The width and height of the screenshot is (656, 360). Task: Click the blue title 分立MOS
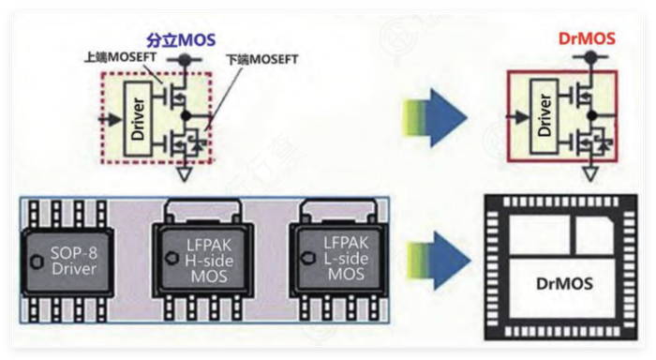point(181,40)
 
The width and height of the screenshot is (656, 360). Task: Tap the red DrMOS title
point(587,38)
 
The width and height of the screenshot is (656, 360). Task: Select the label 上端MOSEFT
point(121,57)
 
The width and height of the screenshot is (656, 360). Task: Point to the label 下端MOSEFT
point(262,59)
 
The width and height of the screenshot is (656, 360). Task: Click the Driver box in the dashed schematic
point(138,119)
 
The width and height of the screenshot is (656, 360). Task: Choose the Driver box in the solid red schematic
point(544,115)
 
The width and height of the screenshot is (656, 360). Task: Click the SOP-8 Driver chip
point(67,262)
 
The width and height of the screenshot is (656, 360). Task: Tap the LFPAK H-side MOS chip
point(203,260)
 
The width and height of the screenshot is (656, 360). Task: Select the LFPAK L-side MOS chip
point(339,259)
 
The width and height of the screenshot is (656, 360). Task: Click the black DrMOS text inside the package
point(564,284)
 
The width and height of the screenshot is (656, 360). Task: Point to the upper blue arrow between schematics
point(435,118)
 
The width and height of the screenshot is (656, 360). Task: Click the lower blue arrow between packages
point(439,261)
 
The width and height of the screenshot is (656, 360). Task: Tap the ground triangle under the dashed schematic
point(184,174)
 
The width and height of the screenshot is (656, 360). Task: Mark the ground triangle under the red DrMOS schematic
point(590,173)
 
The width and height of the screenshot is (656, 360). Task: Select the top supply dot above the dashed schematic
point(183,60)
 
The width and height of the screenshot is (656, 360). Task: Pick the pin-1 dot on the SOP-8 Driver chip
point(37,262)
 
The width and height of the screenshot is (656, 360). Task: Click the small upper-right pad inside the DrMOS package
point(594,234)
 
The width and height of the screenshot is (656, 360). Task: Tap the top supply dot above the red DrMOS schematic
point(590,55)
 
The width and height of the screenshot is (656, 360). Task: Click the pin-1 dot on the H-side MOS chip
point(171,258)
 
